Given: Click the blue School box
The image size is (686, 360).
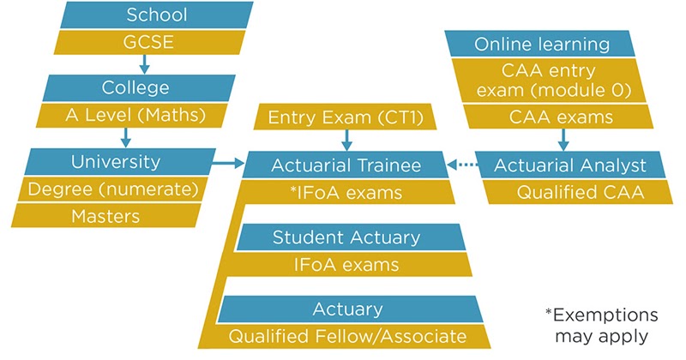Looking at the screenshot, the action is (157, 15).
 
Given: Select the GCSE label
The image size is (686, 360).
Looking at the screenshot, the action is (148, 43).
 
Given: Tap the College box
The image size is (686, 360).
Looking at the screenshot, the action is (139, 88).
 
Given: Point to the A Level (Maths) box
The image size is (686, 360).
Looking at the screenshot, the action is (132, 116).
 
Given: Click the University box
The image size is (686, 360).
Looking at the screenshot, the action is (120, 162).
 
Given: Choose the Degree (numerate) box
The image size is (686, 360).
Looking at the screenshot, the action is (112, 189).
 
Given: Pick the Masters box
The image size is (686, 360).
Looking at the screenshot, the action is (105, 216).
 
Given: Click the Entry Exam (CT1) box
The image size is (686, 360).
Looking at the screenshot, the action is (346, 117).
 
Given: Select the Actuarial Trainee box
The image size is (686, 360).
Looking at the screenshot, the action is (346, 165).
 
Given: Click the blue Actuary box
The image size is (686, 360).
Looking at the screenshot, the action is (350, 309).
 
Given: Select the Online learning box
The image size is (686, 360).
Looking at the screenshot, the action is (540, 44).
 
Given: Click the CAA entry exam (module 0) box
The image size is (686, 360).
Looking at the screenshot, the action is (551, 81).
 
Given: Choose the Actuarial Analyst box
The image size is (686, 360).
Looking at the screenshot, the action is (570, 165).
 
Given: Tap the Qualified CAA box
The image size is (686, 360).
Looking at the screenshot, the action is (577, 192).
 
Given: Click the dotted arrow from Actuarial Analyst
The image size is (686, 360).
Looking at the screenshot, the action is (463, 165).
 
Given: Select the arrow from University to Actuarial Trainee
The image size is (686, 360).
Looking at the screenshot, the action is (228, 164).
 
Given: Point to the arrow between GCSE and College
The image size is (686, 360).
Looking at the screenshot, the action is (144, 64).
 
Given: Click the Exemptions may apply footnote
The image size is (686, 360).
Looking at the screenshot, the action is (602, 326).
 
